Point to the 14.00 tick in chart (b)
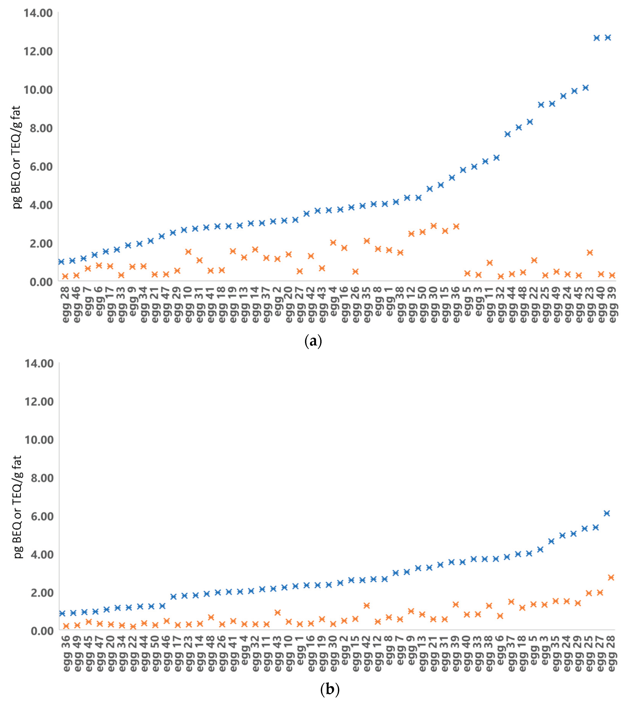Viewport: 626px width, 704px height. coord(39,364)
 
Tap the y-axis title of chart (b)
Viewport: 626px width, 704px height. coord(17,506)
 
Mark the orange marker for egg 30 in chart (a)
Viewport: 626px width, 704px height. coord(433,226)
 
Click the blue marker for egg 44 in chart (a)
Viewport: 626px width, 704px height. coord(507,134)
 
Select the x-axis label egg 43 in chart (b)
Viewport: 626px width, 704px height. coord(278,652)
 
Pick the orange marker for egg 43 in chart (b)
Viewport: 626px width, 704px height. coord(278,612)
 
